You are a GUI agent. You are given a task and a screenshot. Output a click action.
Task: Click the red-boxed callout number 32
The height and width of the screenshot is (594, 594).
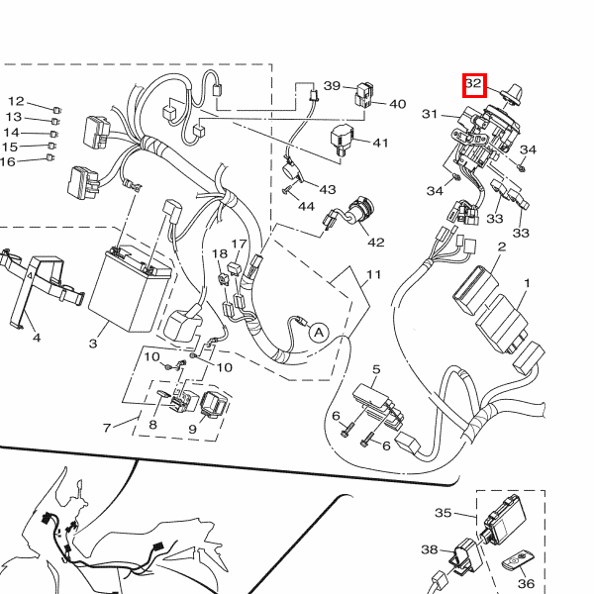pyautogui.click(x=473, y=85)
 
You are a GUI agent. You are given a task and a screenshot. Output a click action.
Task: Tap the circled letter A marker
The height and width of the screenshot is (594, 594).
pyautogui.click(x=318, y=333)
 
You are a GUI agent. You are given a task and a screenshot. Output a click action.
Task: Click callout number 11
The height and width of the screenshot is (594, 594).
pyautogui.click(x=373, y=274)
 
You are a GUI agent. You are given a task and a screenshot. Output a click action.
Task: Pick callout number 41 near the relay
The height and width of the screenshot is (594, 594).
pyautogui.click(x=381, y=143)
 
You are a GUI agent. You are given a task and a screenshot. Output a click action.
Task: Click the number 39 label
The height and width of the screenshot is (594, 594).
pyautogui.click(x=332, y=85)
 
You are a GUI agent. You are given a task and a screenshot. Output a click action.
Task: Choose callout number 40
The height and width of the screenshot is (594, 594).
pyautogui.click(x=396, y=104)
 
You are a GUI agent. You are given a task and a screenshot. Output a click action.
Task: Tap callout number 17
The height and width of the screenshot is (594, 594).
pyautogui.click(x=239, y=245)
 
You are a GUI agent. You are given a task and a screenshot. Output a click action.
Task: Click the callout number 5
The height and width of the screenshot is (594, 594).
pyautogui.click(x=376, y=369)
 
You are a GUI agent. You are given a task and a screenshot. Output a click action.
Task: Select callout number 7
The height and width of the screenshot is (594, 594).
pyautogui.click(x=107, y=428)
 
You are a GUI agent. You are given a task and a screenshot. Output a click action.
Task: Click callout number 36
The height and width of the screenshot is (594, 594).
pyautogui.click(x=526, y=584)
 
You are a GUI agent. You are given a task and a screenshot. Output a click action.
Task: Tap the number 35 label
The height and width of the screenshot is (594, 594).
pyautogui.click(x=444, y=513)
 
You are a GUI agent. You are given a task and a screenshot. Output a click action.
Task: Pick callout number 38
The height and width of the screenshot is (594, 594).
pyautogui.click(x=429, y=549)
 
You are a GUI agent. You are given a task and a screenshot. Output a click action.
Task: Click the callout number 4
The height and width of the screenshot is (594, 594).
pyautogui.click(x=37, y=339)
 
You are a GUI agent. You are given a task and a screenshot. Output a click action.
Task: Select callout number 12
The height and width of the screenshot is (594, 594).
pyautogui.click(x=16, y=101)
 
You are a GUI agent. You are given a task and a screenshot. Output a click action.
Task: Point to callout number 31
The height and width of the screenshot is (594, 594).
pyautogui.click(x=430, y=115)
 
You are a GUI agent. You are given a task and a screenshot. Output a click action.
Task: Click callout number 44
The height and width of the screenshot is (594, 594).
pyautogui.click(x=306, y=207)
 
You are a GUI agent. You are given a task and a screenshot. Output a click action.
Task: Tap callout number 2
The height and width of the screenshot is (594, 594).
pyautogui.click(x=502, y=247)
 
